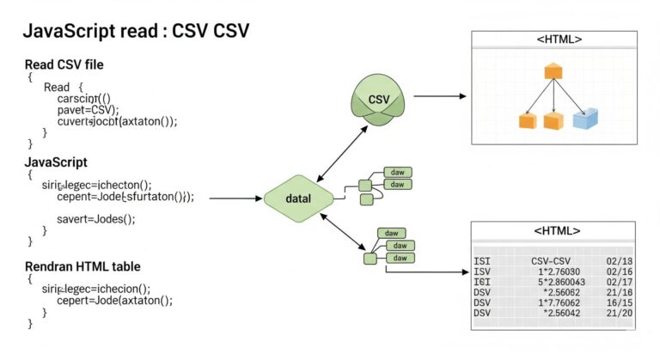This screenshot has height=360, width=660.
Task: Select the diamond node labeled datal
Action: [297, 198]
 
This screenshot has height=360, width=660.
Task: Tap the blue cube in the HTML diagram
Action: [585, 119]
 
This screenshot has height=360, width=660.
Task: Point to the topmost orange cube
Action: [552, 72]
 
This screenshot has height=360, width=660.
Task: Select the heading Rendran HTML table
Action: [82, 266]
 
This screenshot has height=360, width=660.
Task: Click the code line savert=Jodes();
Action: [96, 219]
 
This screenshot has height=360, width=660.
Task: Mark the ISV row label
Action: [482, 270]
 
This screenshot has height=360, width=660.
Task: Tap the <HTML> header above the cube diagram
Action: [558, 40]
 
